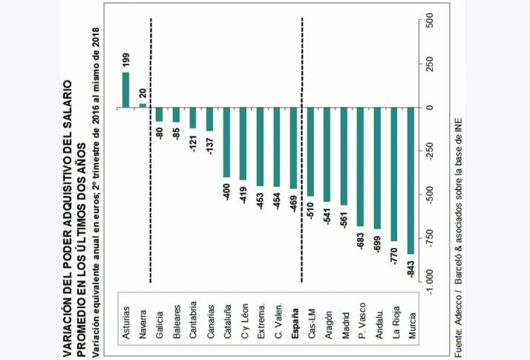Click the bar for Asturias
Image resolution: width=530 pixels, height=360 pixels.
pyautogui.click(x=125, y=90)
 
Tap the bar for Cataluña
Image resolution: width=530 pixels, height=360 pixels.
pyautogui.click(x=227, y=143)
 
